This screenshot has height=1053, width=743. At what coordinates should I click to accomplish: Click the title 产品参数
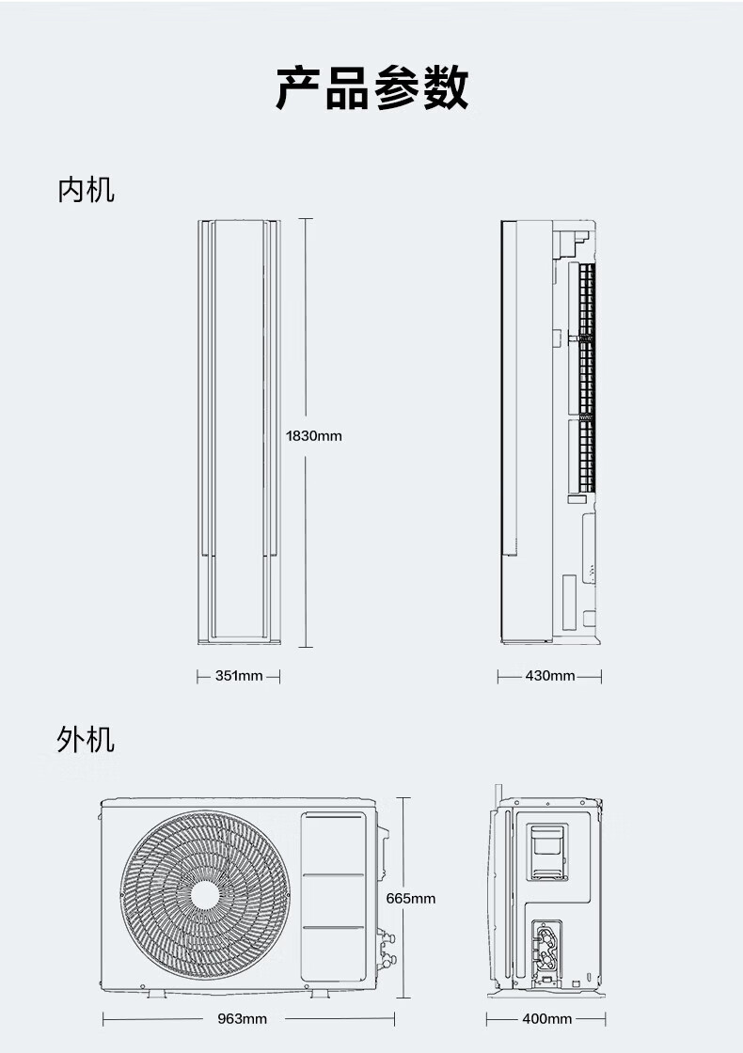371,89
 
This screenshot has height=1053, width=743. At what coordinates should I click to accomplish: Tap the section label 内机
86,189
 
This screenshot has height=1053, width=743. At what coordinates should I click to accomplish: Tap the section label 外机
86,739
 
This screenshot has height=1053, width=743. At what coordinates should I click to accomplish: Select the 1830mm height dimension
314,436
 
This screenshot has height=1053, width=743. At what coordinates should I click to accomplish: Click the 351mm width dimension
238,676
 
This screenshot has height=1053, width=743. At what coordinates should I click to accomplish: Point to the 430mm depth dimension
550,676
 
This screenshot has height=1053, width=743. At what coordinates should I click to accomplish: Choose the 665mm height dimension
411,899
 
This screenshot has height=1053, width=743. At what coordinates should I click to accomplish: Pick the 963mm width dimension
242,1019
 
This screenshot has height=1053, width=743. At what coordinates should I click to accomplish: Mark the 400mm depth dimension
546,1019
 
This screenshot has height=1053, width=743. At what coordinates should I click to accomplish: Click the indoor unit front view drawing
239,432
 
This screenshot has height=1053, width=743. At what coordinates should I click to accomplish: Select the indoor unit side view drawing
549,432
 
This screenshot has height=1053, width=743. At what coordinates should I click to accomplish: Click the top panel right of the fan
333,843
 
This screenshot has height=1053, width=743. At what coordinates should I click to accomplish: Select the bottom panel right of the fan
333,954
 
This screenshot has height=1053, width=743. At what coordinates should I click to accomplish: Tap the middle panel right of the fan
333,901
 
